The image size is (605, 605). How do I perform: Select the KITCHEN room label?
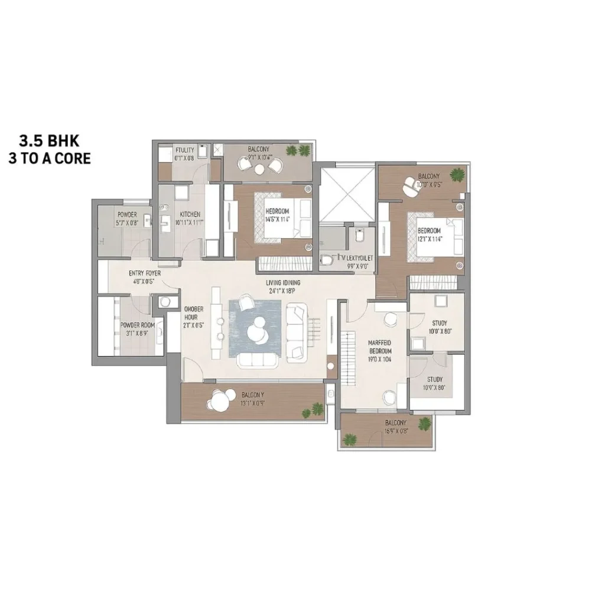[190, 214]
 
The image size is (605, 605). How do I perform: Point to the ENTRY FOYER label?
[145, 274]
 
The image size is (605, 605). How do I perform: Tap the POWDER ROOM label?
[138, 325]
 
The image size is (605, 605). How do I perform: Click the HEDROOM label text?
[277, 211]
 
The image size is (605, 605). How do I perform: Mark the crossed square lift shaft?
[347, 193]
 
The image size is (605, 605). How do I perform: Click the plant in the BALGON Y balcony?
[317, 408]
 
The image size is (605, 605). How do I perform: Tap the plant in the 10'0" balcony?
[457, 175]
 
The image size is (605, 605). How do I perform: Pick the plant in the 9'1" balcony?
[291, 151]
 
